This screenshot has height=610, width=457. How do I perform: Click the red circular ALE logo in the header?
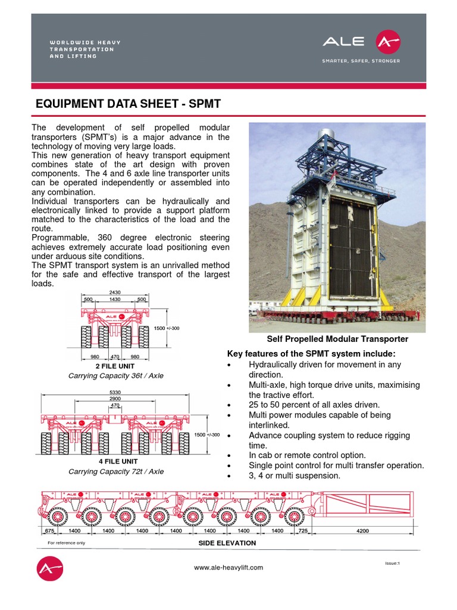(388, 42)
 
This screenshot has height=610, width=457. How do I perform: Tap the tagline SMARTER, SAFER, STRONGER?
(361, 61)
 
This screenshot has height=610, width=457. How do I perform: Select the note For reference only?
(66, 543)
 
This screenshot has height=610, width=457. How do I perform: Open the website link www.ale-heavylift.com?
(228, 568)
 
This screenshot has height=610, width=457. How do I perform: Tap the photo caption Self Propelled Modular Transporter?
(337, 339)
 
